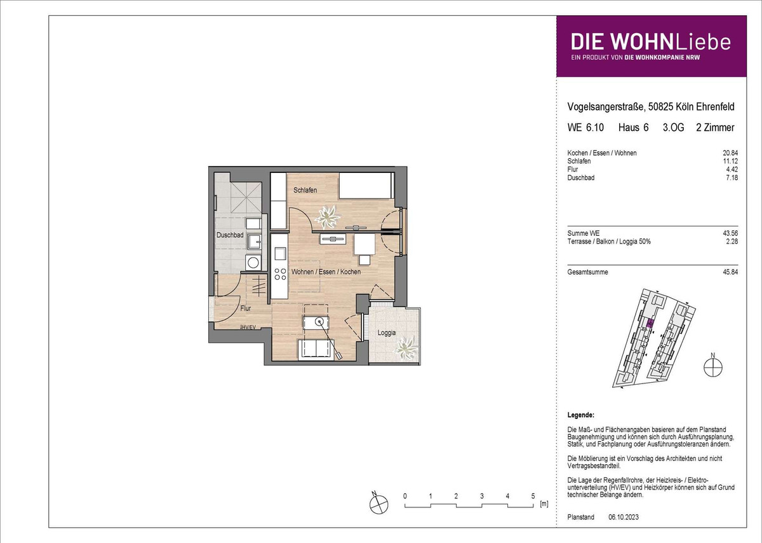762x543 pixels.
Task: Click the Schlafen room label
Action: coord(305,190)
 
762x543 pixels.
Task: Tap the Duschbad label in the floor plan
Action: coord(230,235)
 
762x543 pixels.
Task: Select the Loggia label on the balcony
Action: coord(387,333)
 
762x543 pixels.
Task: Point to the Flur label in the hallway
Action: coord(245,308)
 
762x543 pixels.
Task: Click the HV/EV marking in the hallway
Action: coord(248,327)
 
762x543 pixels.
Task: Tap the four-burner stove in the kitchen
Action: coord(280,274)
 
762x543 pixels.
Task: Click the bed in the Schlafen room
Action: coord(366,185)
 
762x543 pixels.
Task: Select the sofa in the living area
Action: coord(316,350)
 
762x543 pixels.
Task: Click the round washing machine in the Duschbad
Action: coord(253,263)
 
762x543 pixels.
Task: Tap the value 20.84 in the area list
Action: coord(730,153)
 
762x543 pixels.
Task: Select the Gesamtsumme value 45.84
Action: coord(730,272)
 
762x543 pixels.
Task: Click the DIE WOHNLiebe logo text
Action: coord(651,42)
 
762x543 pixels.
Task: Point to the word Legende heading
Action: coord(580,415)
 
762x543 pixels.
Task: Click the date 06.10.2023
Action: coord(624,517)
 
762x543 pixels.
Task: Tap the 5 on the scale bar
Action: coord(533,496)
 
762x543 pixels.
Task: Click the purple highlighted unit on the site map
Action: coord(650,323)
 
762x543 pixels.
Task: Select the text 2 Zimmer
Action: coord(715,127)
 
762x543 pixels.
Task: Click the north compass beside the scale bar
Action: coord(378,504)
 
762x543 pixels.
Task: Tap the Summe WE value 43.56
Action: coord(730,233)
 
